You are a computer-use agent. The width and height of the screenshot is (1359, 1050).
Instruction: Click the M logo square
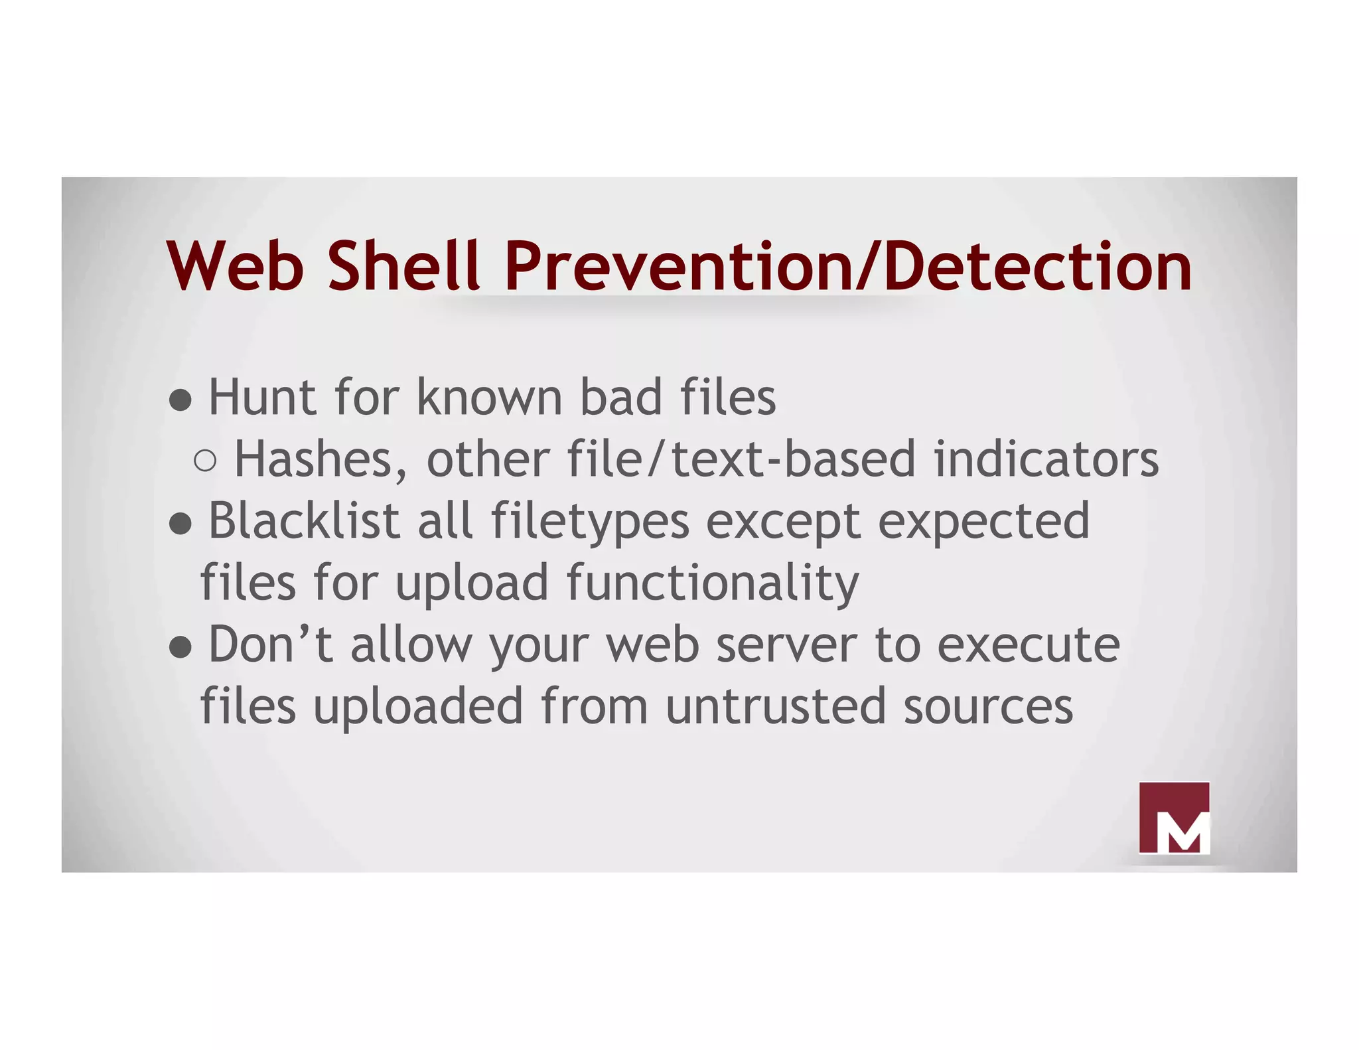pyautogui.click(x=1174, y=817)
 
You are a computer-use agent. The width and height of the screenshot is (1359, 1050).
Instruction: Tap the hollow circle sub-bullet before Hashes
pyautogui.click(x=206, y=460)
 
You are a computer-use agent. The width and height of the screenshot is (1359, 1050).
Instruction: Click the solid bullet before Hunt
pyautogui.click(x=180, y=400)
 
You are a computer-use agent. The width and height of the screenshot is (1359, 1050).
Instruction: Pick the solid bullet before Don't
pyautogui.click(x=180, y=647)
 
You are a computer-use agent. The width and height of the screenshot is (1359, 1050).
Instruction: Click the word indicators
pyautogui.click(x=1046, y=459)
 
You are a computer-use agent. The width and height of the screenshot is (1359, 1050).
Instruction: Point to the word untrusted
pyautogui.click(x=776, y=706)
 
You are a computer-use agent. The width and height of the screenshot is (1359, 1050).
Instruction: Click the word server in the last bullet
pyautogui.click(x=787, y=645)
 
